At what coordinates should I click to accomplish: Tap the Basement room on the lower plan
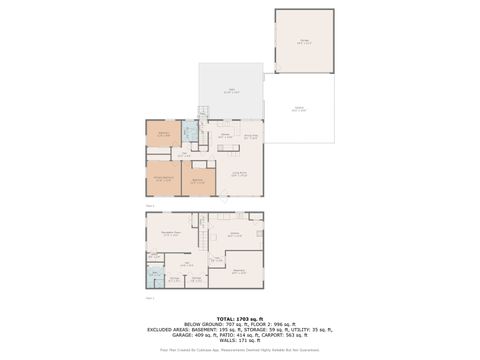pos(239,271)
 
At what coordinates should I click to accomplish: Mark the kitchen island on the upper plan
pos(227,148)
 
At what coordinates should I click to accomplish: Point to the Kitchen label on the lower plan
pos(234,233)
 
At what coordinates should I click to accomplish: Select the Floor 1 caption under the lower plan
pos(149,297)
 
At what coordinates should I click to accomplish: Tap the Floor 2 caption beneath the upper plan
pos(149,204)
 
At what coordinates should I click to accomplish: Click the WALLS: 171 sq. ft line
pos(240,341)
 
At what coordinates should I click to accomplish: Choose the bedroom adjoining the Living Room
pos(198,181)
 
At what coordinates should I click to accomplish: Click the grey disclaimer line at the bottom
pos(240,350)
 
